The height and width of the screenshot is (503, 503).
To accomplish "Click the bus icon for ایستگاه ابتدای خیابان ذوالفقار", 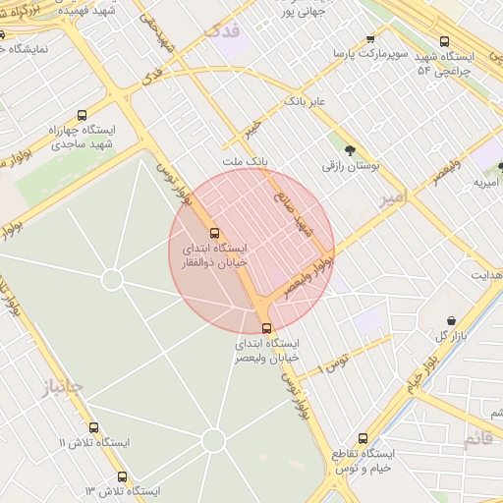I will [215, 233].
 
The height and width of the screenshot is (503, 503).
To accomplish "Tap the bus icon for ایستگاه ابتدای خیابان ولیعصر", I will [266, 328].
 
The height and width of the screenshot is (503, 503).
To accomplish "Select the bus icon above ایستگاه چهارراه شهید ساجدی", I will [82, 114].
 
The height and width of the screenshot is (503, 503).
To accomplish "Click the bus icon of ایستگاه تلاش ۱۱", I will [94, 427].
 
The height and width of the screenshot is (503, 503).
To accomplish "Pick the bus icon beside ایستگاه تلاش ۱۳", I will [122, 476].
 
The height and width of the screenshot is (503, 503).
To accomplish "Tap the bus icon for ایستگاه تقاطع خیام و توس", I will [363, 438].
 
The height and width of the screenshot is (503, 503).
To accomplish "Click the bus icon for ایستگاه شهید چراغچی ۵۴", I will [445, 41].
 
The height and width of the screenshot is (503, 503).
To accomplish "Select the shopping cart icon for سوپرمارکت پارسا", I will [370, 38].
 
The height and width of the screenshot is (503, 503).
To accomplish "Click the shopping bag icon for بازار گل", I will [451, 320].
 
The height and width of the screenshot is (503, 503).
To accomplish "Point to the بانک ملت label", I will [245, 160].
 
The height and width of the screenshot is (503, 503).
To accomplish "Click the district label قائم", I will [478, 438].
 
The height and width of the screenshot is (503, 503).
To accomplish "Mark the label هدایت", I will [484, 275].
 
